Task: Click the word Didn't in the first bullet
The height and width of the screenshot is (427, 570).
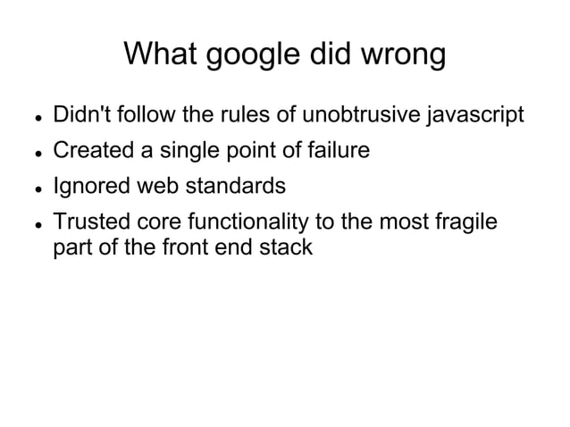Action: pyautogui.click(x=80, y=116)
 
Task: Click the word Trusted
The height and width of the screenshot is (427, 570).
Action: pyautogui.click(x=88, y=222)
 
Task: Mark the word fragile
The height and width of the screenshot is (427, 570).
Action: pyautogui.click(x=460, y=223)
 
